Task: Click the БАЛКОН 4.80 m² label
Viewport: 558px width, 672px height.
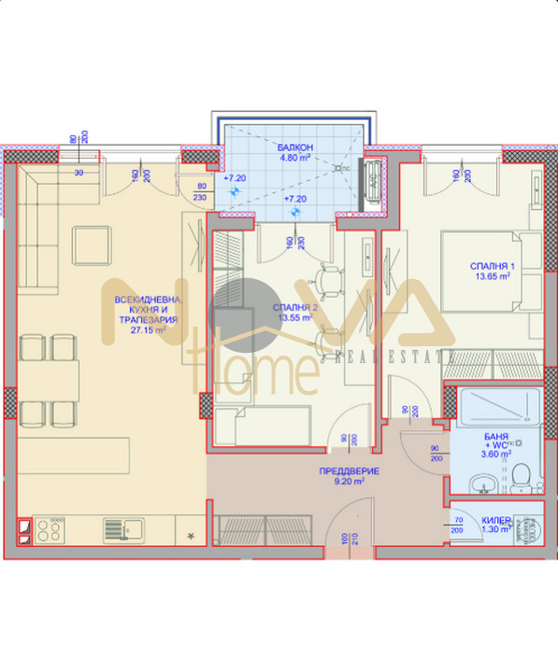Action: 288,153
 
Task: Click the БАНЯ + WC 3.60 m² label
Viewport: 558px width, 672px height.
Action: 494,446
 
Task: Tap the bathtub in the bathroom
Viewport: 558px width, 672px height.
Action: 495,409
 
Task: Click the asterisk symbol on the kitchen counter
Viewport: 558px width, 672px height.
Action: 191,536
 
